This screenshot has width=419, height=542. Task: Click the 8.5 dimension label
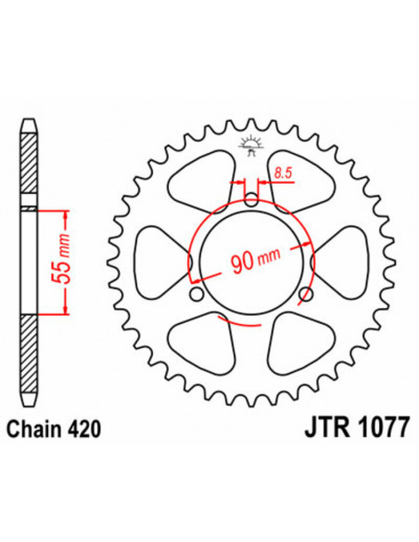(x=284, y=173)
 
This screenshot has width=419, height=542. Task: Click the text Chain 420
(x=54, y=429)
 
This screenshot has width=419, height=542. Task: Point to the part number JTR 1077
(x=357, y=428)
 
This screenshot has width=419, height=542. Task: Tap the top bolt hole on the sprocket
(x=251, y=200)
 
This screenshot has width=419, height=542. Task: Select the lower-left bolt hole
(x=197, y=294)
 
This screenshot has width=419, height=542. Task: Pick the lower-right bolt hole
(x=306, y=294)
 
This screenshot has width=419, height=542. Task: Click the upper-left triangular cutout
(x=203, y=179)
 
